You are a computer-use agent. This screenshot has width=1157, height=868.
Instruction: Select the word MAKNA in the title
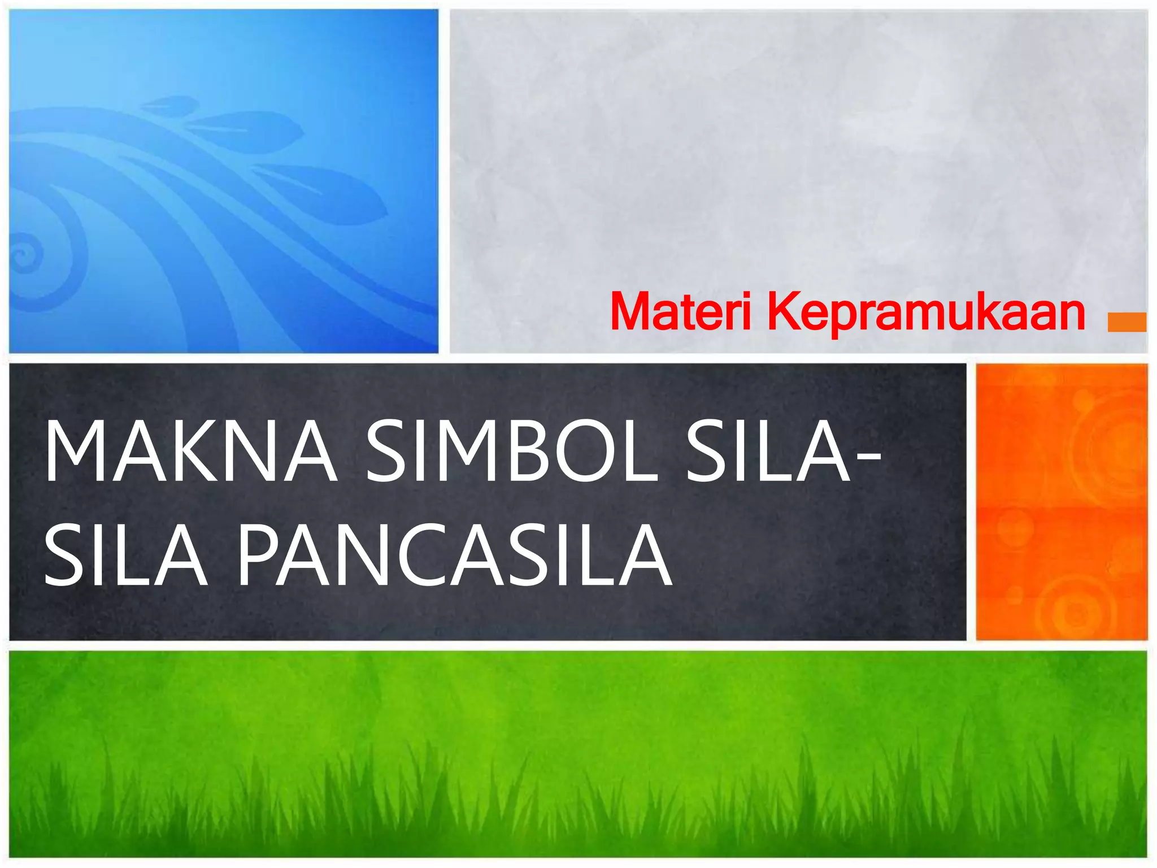[x=191, y=452]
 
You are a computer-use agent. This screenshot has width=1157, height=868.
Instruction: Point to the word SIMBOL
[x=511, y=452]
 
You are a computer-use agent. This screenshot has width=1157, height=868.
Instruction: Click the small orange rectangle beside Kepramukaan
[x=1126, y=322]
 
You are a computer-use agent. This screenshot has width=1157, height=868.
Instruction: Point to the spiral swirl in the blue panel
[x=25, y=254]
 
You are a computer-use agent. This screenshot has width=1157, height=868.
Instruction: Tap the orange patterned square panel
[x=1062, y=501]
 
